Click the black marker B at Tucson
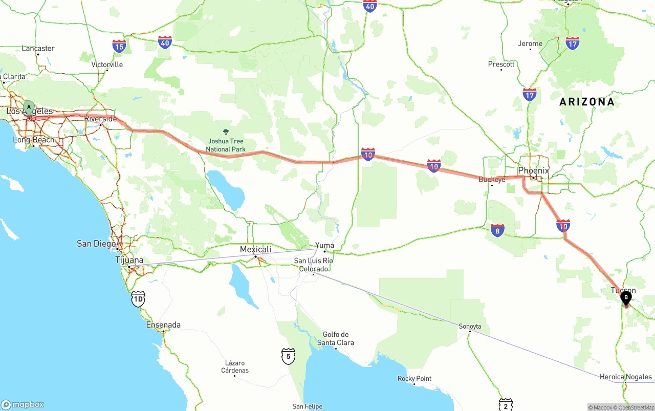click(625, 296)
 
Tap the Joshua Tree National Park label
click(226, 145)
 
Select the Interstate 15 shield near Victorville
click(119, 47)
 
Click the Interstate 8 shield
click(497, 230)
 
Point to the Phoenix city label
click(533, 170)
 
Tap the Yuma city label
click(324, 245)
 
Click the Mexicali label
click(255, 249)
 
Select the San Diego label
click(96, 244)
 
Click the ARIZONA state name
click(586, 102)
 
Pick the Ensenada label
click(163, 325)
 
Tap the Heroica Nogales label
click(625, 377)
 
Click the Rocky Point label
click(414, 379)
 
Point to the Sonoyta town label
click(470, 326)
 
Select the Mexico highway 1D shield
click(138, 299)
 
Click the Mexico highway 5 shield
click(288, 356)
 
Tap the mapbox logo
click(23, 404)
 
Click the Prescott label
click(501, 64)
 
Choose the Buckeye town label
click(492, 180)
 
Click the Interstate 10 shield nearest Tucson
click(563, 226)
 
